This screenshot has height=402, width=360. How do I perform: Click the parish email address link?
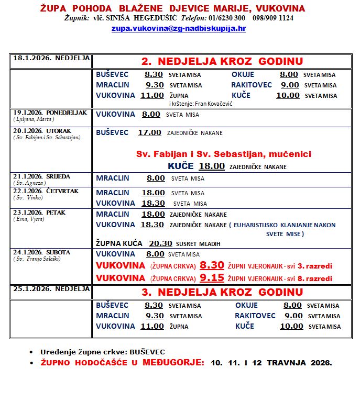coord(178,29)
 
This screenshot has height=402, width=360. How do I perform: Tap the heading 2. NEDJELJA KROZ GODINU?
coord(222,61)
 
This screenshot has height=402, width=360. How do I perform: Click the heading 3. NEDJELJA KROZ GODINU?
coord(222,292)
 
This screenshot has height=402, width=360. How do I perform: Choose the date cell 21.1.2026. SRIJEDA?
coord(41,176)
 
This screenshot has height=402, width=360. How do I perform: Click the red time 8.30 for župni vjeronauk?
coord(212,265)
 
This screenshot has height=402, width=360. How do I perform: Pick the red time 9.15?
coord(212,277)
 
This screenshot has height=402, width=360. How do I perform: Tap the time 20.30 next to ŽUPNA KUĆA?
coord(161,243)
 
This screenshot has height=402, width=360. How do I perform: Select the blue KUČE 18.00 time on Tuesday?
coord(212,166)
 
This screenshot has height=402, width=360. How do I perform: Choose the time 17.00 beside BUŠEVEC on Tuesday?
coord(149,132)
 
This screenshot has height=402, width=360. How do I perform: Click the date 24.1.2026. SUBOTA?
coord(41,252)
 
